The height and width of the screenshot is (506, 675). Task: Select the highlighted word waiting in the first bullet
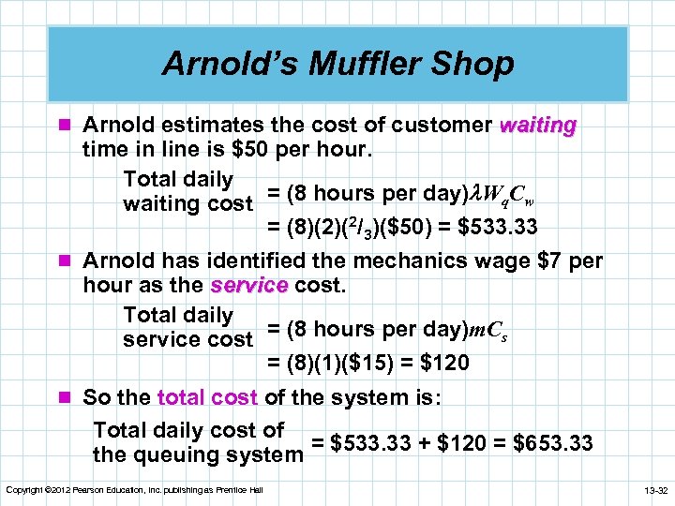[538, 125]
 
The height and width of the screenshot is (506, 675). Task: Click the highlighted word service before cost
[249, 286]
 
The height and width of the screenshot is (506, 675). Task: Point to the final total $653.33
[554, 443]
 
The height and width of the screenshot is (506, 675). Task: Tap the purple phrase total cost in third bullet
[208, 397]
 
